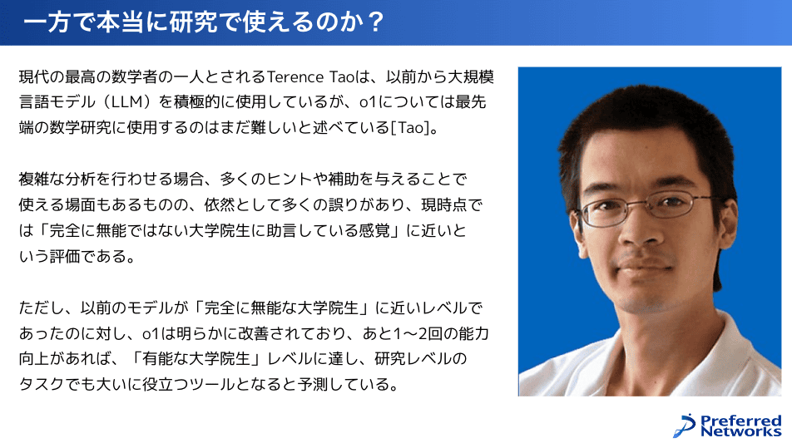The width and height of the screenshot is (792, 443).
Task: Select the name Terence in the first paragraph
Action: coord(295,77)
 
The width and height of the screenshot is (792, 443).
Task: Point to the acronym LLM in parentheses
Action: coord(126,102)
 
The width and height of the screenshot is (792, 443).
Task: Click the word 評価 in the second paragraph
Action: coord(65,256)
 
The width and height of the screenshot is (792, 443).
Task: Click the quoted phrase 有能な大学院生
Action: coord(196,359)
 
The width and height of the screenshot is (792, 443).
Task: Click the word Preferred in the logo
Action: coord(741,421)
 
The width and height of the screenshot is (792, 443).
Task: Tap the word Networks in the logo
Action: coord(741,431)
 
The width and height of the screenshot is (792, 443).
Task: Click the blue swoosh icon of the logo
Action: coord(685,426)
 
